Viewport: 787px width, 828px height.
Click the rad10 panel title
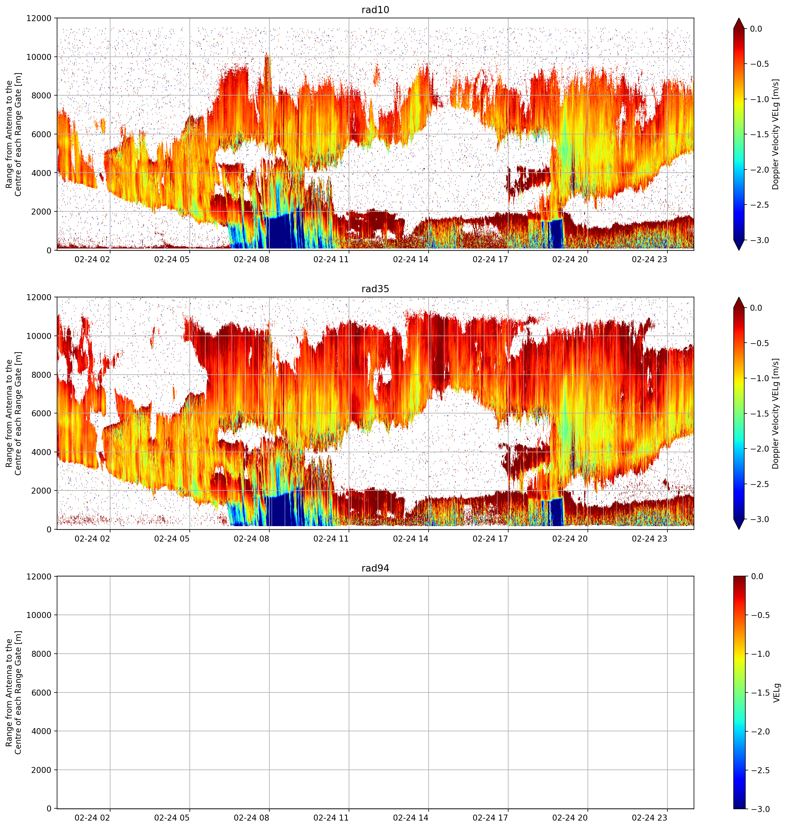point(375,10)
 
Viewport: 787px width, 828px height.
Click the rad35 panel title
point(375,288)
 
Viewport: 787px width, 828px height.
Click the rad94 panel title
point(375,568)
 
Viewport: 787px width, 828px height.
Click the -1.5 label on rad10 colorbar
point(759,134)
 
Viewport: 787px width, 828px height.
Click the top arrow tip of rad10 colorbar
point(739,18)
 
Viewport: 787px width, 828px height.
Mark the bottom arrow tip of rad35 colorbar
point(739,529)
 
